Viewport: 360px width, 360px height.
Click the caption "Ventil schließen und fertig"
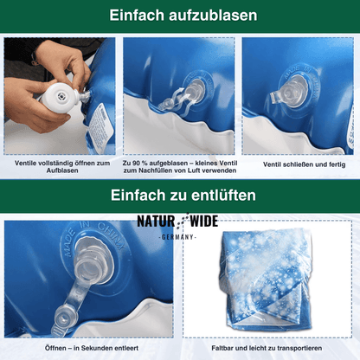299,163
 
